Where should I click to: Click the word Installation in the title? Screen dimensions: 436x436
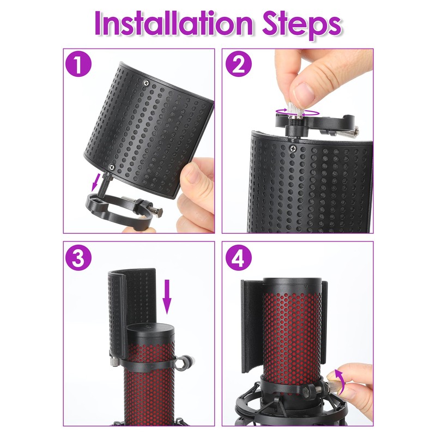(x=173, y=23)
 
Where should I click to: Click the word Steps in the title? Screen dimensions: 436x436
(x=302, y=26)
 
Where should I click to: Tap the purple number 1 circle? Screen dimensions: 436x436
(x=78, y=64)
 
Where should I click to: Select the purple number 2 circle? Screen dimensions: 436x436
(x=238, y=64)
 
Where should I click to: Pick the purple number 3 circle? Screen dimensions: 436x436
(x=78, y=257)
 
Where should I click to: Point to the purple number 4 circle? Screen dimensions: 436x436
(x=238, y=257)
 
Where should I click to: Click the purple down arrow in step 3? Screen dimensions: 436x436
(x=167, y=296)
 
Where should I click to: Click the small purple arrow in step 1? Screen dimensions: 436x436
(x=95, y=180)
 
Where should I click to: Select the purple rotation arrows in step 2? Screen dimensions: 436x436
(x=296, y=112)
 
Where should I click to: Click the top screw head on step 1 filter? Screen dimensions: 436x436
(x=146, y=82)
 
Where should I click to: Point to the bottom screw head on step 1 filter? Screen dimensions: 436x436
(x=112, y=167)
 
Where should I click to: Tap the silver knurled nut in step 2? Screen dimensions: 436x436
(x=295, y=110)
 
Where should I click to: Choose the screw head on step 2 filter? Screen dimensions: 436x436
(x=293, y=148)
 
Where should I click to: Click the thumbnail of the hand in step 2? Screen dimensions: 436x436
(x=304, y=92)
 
